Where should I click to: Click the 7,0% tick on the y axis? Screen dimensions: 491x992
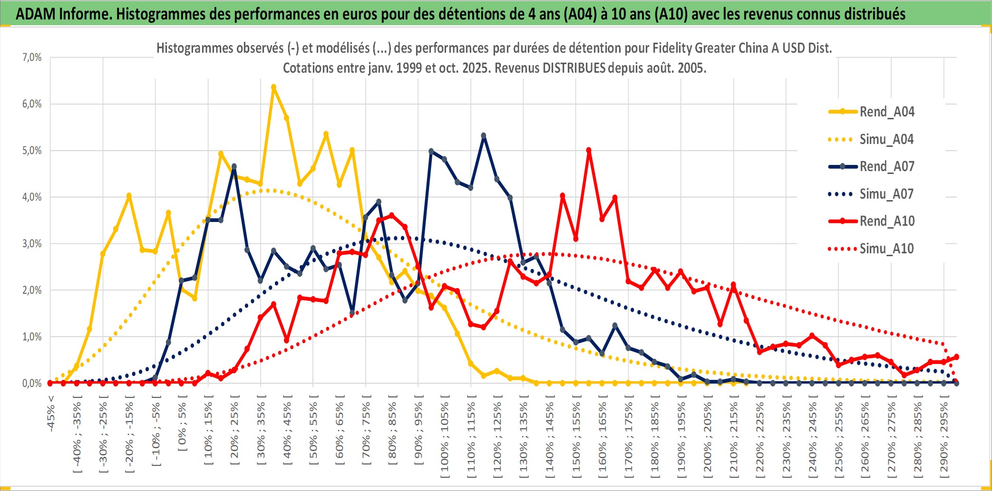pyautogui.click(x=32, y=58)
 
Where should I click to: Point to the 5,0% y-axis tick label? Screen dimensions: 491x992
pyautogui.click(x=32, y=151)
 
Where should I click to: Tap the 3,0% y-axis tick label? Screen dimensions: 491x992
pyautogui.click(x=32, y=244)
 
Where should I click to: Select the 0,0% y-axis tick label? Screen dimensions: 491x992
pyautogui.click(x=32, y=383)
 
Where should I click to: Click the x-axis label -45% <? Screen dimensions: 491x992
pyautogui.click(x=51, y=414)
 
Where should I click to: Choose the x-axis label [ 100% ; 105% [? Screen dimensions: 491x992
pyautogui.click(x=445, y=438)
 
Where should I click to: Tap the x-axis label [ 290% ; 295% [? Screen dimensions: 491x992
pyautogui.click(x=944, y=438)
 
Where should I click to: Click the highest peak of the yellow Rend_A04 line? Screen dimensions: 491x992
pyautogui.click(x=273, y=87)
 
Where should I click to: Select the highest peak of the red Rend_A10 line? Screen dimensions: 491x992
pyautogui.click(x=589, y=150)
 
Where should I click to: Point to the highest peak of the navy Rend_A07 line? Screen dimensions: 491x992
pyautogui.click(x=484, y=136)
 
